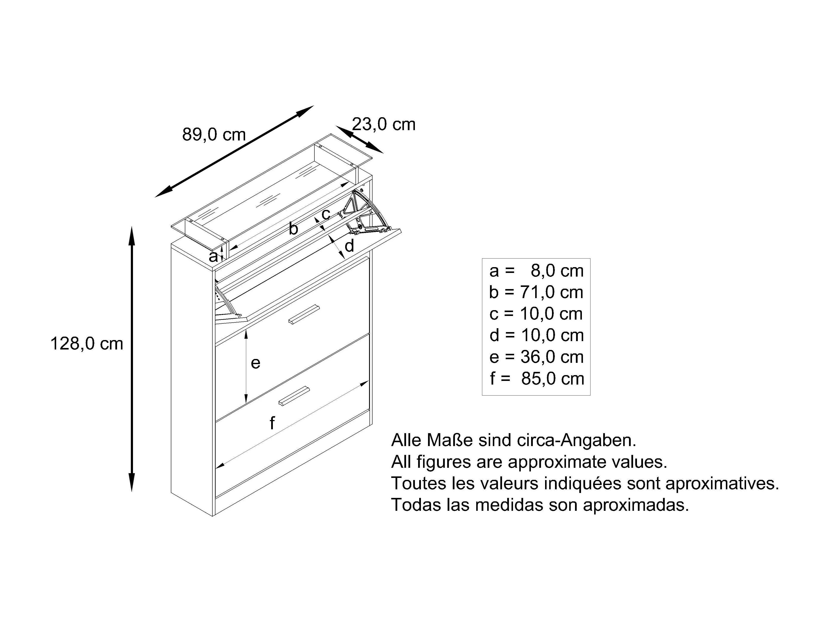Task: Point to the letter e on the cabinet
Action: pyautogui.click(x=255, y=363)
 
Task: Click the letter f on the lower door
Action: pyautogui.click(x=272, y=423)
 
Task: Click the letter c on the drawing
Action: pyautogui.click(x=326, y=214)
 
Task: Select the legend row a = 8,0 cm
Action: pyautogui.click(x=536, y=271)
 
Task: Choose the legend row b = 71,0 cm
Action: pyautogui.click(x=536, y=292)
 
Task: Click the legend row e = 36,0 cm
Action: pyautogui.click(x=536, y=357)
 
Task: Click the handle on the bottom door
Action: pyautogui.click(x=294, y=396)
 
